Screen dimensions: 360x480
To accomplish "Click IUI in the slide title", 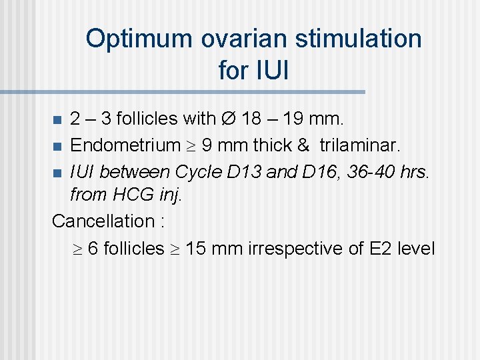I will pos(253,70).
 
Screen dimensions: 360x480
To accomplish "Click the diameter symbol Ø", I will pos(227,119).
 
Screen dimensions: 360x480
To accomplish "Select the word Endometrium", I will pos(125,145).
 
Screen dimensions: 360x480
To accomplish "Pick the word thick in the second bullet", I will pos(270,145).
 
